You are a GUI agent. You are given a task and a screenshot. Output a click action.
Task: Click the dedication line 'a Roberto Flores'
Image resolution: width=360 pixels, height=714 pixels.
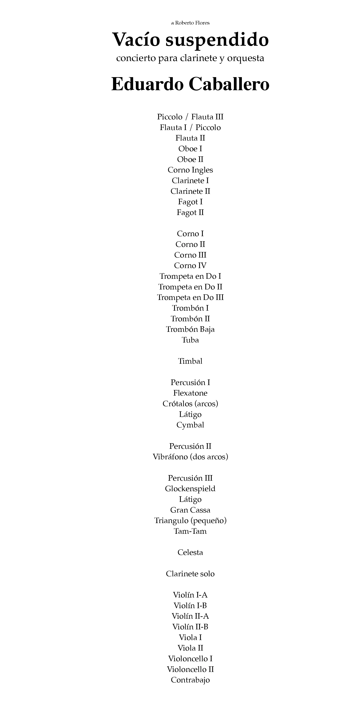point(190,23)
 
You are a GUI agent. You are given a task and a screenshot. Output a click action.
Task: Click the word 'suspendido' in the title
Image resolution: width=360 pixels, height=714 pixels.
point(217,40)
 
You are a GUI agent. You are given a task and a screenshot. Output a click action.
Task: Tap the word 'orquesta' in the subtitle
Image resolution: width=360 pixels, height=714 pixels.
point(246,58)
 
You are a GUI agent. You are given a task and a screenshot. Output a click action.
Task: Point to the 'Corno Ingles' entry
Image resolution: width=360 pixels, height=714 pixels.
point(190,170)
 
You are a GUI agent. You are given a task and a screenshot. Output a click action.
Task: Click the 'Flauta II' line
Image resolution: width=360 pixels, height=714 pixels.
point(190,138)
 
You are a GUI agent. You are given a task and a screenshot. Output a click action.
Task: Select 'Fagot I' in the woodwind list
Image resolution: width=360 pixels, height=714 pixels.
point(190,202)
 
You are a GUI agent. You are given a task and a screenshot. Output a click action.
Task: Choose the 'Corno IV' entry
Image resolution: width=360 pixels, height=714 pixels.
point(190,266)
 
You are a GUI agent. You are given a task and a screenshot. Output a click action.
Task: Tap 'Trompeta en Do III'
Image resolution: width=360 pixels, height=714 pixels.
point(190,297)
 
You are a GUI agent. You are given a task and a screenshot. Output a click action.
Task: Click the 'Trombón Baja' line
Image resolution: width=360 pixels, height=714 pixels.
point(190,329)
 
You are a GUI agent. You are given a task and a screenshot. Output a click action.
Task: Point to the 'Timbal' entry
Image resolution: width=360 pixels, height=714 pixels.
point(190,361)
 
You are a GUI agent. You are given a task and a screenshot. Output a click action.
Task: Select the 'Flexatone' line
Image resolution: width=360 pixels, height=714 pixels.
point(190,393)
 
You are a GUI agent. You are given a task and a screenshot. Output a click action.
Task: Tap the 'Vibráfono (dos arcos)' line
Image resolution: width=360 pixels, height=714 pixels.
point(190,457)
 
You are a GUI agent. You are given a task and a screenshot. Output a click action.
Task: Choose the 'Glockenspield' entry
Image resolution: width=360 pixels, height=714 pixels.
point(190,489)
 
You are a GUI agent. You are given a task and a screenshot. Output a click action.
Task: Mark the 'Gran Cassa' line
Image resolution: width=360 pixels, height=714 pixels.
point(190,510)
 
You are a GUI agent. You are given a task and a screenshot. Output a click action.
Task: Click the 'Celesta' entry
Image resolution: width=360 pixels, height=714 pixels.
point(190,552)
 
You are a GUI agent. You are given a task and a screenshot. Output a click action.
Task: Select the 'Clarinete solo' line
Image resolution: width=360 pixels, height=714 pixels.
point(190,574)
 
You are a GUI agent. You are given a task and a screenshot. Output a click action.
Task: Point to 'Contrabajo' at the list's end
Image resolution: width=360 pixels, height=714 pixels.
point(190,680)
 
